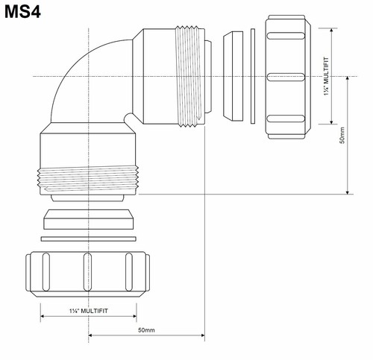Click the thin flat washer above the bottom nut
pos(88,239)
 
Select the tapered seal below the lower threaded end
pos(88,221)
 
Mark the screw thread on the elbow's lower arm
pos(88,179)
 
